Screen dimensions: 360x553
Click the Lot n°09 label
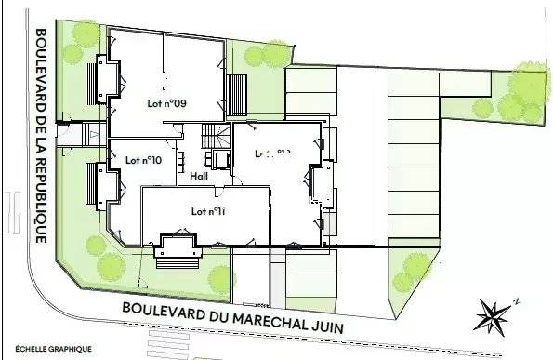pyautogui.click(x=167, y=103)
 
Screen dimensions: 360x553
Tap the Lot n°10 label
pyautogui.click(x=143, y=160)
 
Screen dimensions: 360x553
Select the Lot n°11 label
pyautogui.click(x=209, y=211)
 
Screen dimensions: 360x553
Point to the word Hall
pyautogui.click(x=198, y=177)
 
